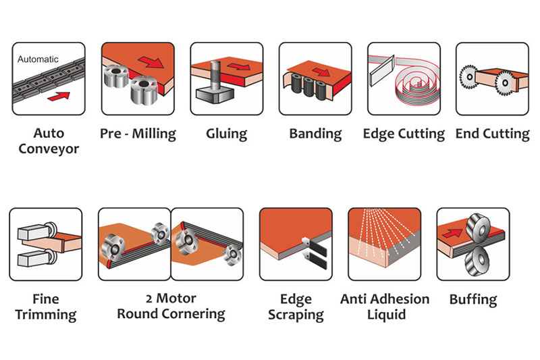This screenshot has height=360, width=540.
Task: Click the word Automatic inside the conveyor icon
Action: pos(38,59)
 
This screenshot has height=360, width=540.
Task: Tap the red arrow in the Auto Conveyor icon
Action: pos(59,96)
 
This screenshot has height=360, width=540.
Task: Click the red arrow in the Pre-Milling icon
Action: pos(151,62)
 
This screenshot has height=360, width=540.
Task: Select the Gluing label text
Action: pos(226,134)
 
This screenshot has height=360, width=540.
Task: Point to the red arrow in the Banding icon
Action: pos(321,72)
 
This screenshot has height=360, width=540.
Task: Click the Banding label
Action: pos(315,134)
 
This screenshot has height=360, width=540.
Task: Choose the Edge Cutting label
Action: pos(404,134)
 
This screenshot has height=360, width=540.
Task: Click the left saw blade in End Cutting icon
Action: pos(469,77)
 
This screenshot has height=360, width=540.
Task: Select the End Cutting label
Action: pos(493,134)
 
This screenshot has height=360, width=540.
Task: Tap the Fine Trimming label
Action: pos(46,307)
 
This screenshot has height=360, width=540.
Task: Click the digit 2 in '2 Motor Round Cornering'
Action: pos(148,299)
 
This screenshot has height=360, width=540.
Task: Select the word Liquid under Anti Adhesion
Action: pos(386,315)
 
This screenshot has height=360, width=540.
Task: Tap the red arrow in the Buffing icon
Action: pos(452,233)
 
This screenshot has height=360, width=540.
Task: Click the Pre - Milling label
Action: pos(138,134)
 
